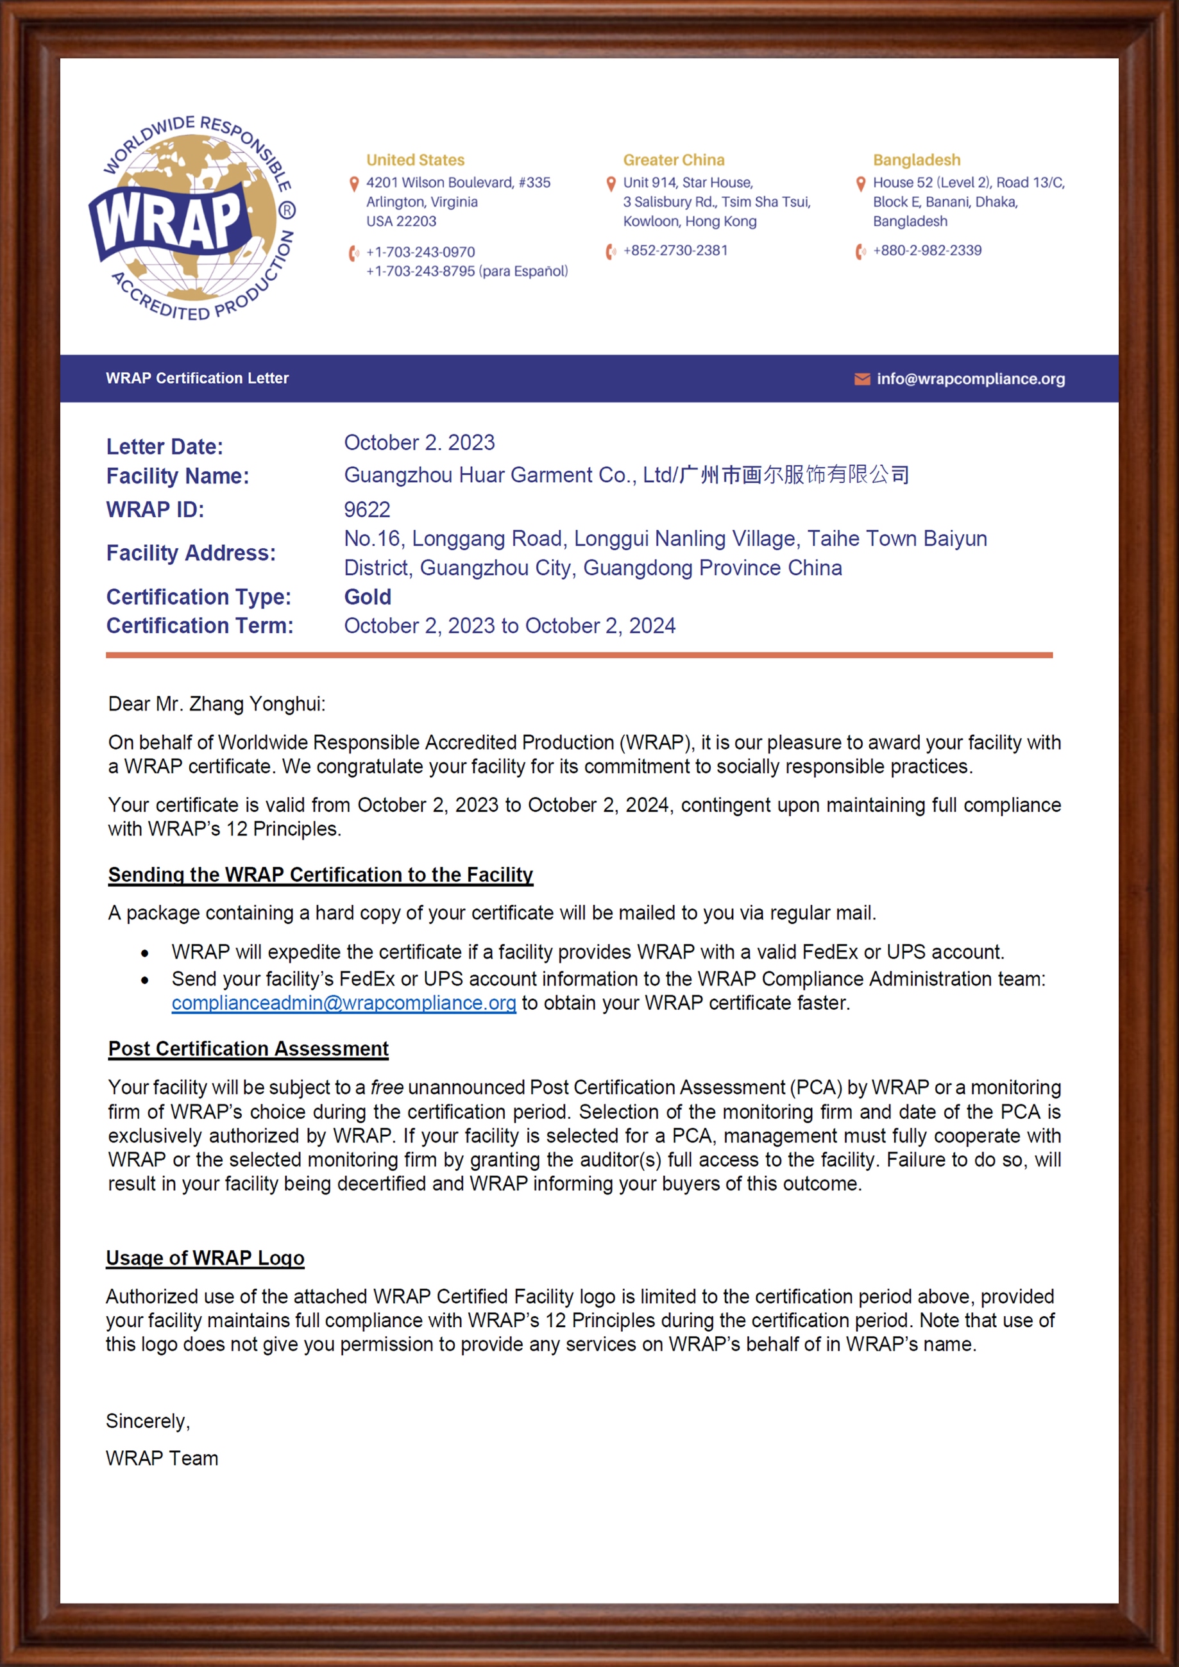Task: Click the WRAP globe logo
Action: tap(192, 218)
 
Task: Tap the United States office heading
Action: tap(415, 160)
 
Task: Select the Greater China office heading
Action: tap(674, 160)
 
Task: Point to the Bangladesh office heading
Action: tap(916, 160)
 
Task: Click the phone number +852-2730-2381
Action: tap(675, 251)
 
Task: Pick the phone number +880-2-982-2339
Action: tap(927, 251)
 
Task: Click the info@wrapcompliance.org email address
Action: tap(971, 378)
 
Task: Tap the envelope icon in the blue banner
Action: tap(862, 379)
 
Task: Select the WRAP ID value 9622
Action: tap(367, 510)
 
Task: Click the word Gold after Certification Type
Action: tap(368, 597)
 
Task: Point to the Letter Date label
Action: tap(165, 446)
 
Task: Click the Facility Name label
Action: tap(177, 476)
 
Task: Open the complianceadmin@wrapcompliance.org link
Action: tap(344, 1003)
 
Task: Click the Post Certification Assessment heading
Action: tap(248, 1048)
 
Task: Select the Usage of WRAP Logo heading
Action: tap(205, 1257)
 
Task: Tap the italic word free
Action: tap(386, 1087)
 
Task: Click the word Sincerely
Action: tap(148, 1421)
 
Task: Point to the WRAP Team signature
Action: tap(162, 1458)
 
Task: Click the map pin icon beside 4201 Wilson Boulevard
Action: tap(355, 183)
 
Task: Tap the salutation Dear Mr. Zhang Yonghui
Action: tap(216, 703)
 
